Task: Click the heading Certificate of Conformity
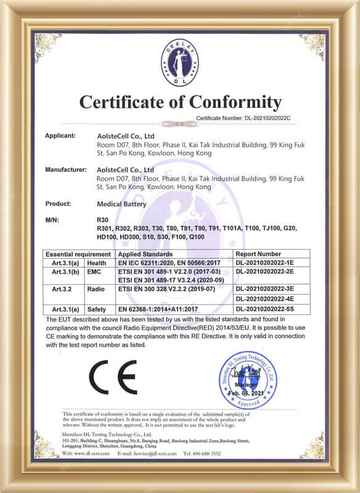tap(180, 102)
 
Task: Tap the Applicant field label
tap(60, 135)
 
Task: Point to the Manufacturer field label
tap(65, 168)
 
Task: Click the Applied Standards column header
tap(145, 254)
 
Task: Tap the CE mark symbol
tap(113, 377)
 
